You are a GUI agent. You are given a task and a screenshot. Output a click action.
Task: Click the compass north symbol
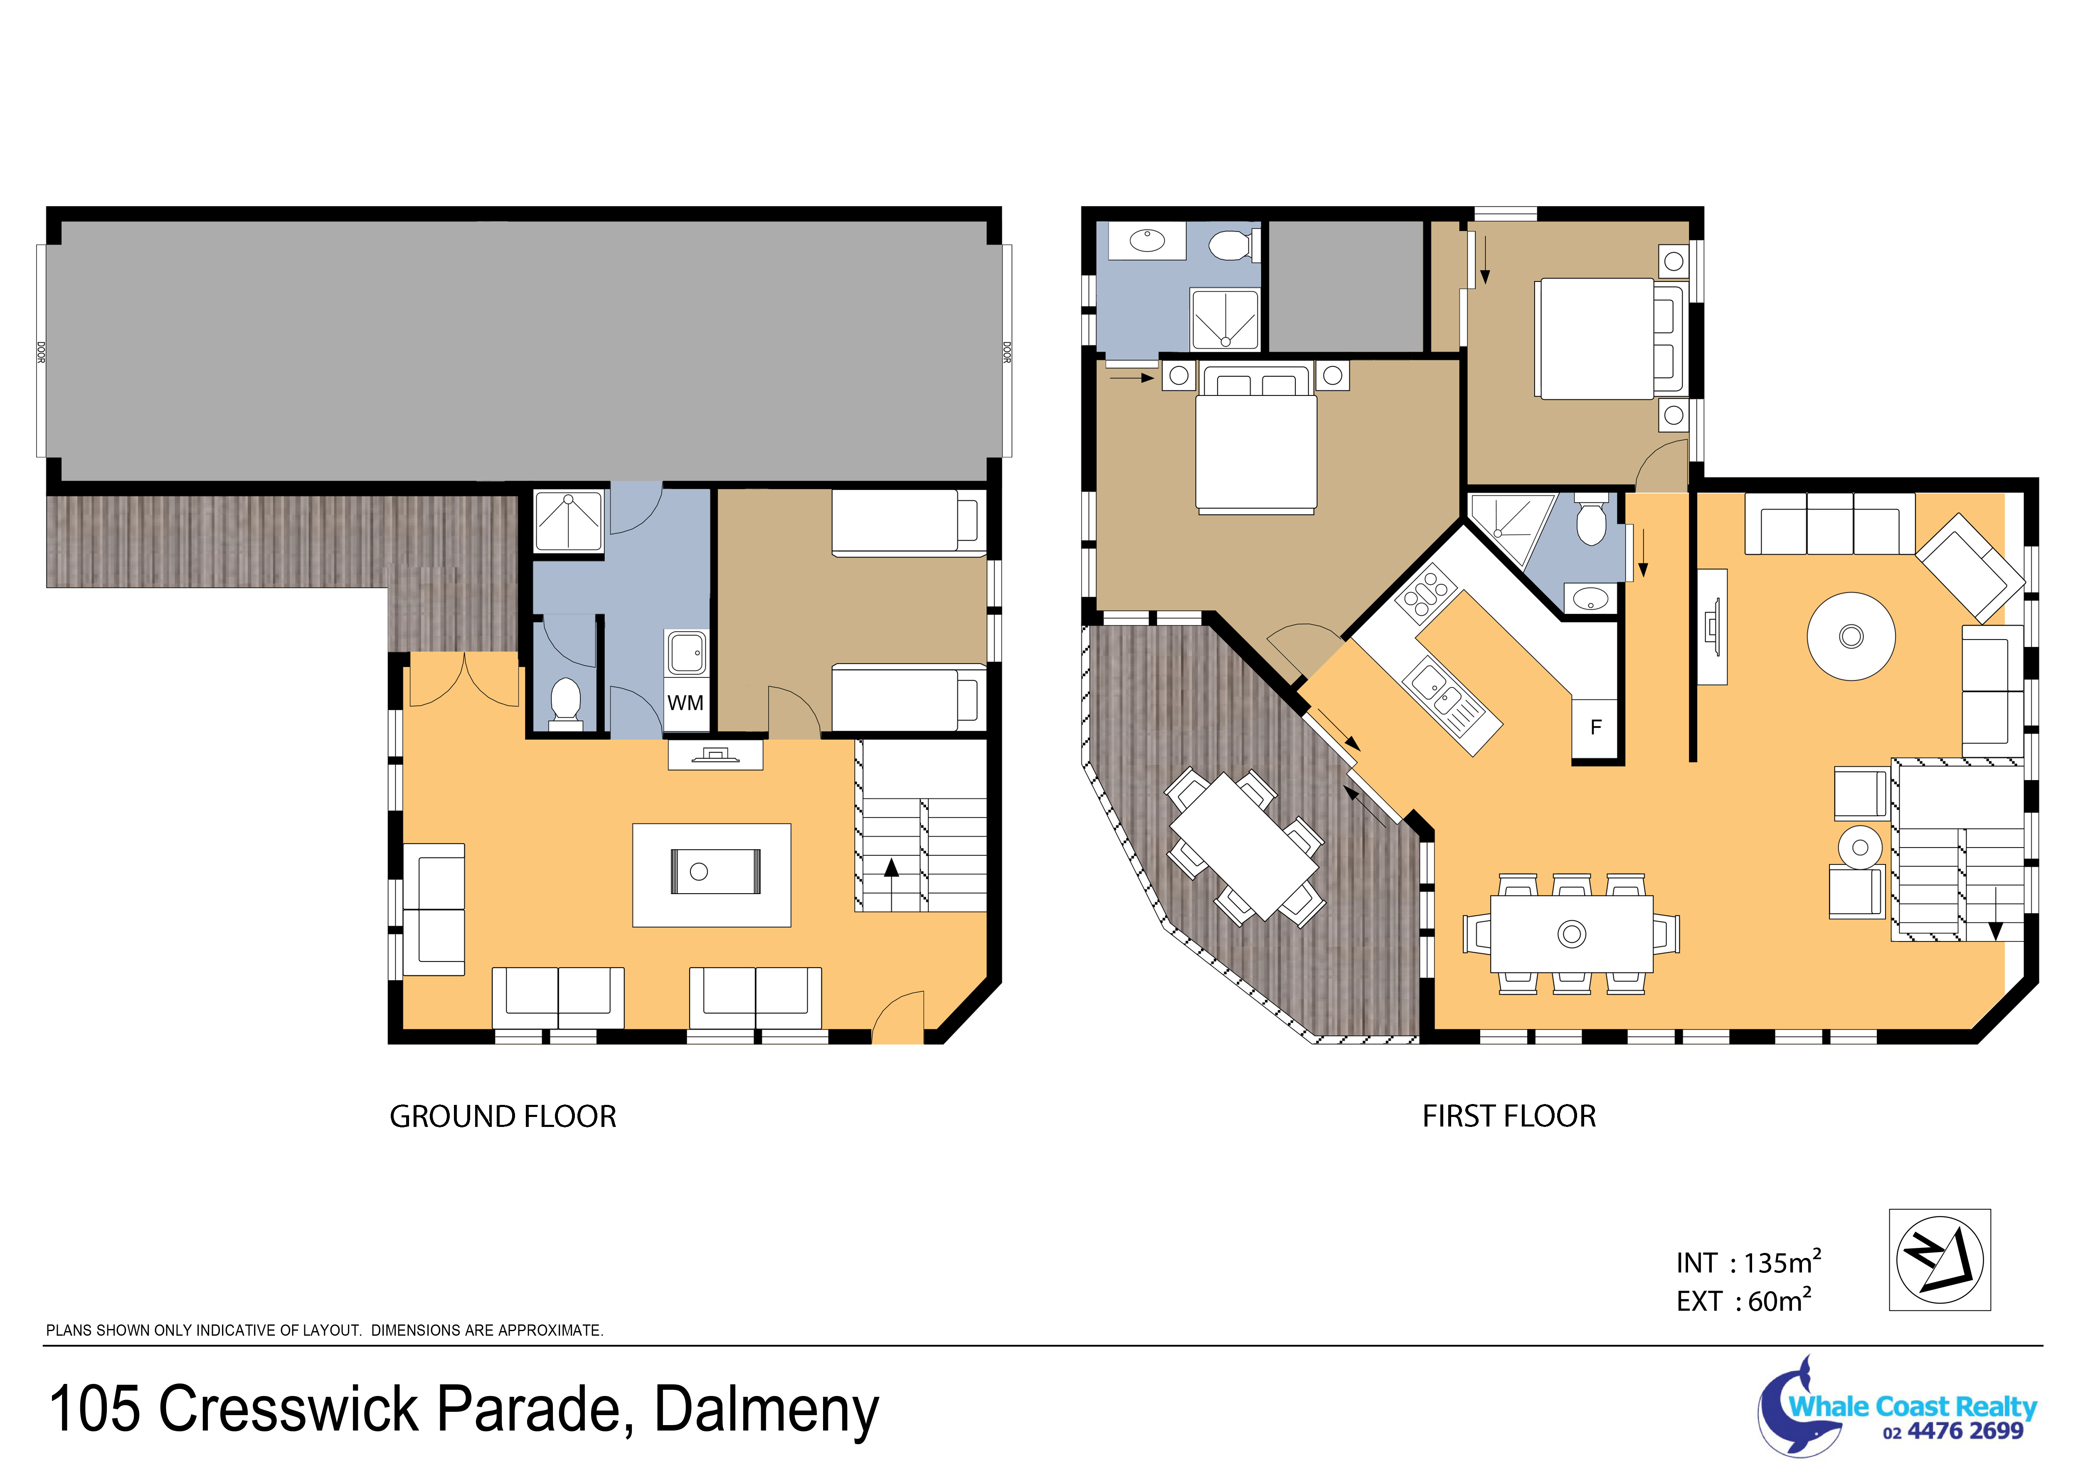pos(1940,1259)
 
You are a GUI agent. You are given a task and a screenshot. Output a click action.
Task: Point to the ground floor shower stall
pos(568,521)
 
